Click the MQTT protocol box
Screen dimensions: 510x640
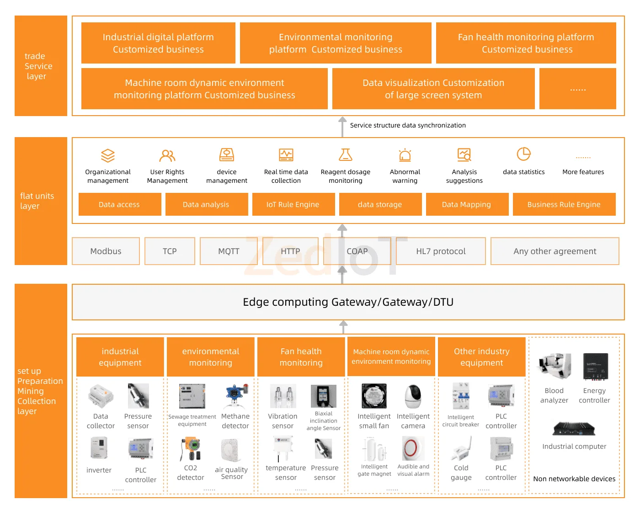click(229, 251)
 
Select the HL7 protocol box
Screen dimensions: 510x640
click(441, 251)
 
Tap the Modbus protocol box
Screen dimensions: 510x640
click(106, 251)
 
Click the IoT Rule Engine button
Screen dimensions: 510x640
click(293, 204)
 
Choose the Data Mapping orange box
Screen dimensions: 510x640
click(467, 204)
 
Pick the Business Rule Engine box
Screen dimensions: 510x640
click(564, 204)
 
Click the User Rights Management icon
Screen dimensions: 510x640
click(167, 156)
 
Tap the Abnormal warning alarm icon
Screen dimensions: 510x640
click(405, 155)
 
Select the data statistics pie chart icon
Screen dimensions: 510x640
click(523, 154)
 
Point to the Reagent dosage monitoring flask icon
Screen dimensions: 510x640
click(346, 155)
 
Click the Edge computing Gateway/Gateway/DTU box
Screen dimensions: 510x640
click(348, 302)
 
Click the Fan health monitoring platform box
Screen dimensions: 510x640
click(526, 43)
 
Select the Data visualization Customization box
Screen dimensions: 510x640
click(433, 89)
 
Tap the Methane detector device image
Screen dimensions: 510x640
click(236, 396)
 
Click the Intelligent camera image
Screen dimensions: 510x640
click(413, 396)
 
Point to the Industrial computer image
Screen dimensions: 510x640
click(574, 429)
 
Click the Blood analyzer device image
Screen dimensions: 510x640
click(555, 367)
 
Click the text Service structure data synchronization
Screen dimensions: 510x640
click(408, 125)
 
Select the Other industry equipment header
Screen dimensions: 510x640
click(481, 357)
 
